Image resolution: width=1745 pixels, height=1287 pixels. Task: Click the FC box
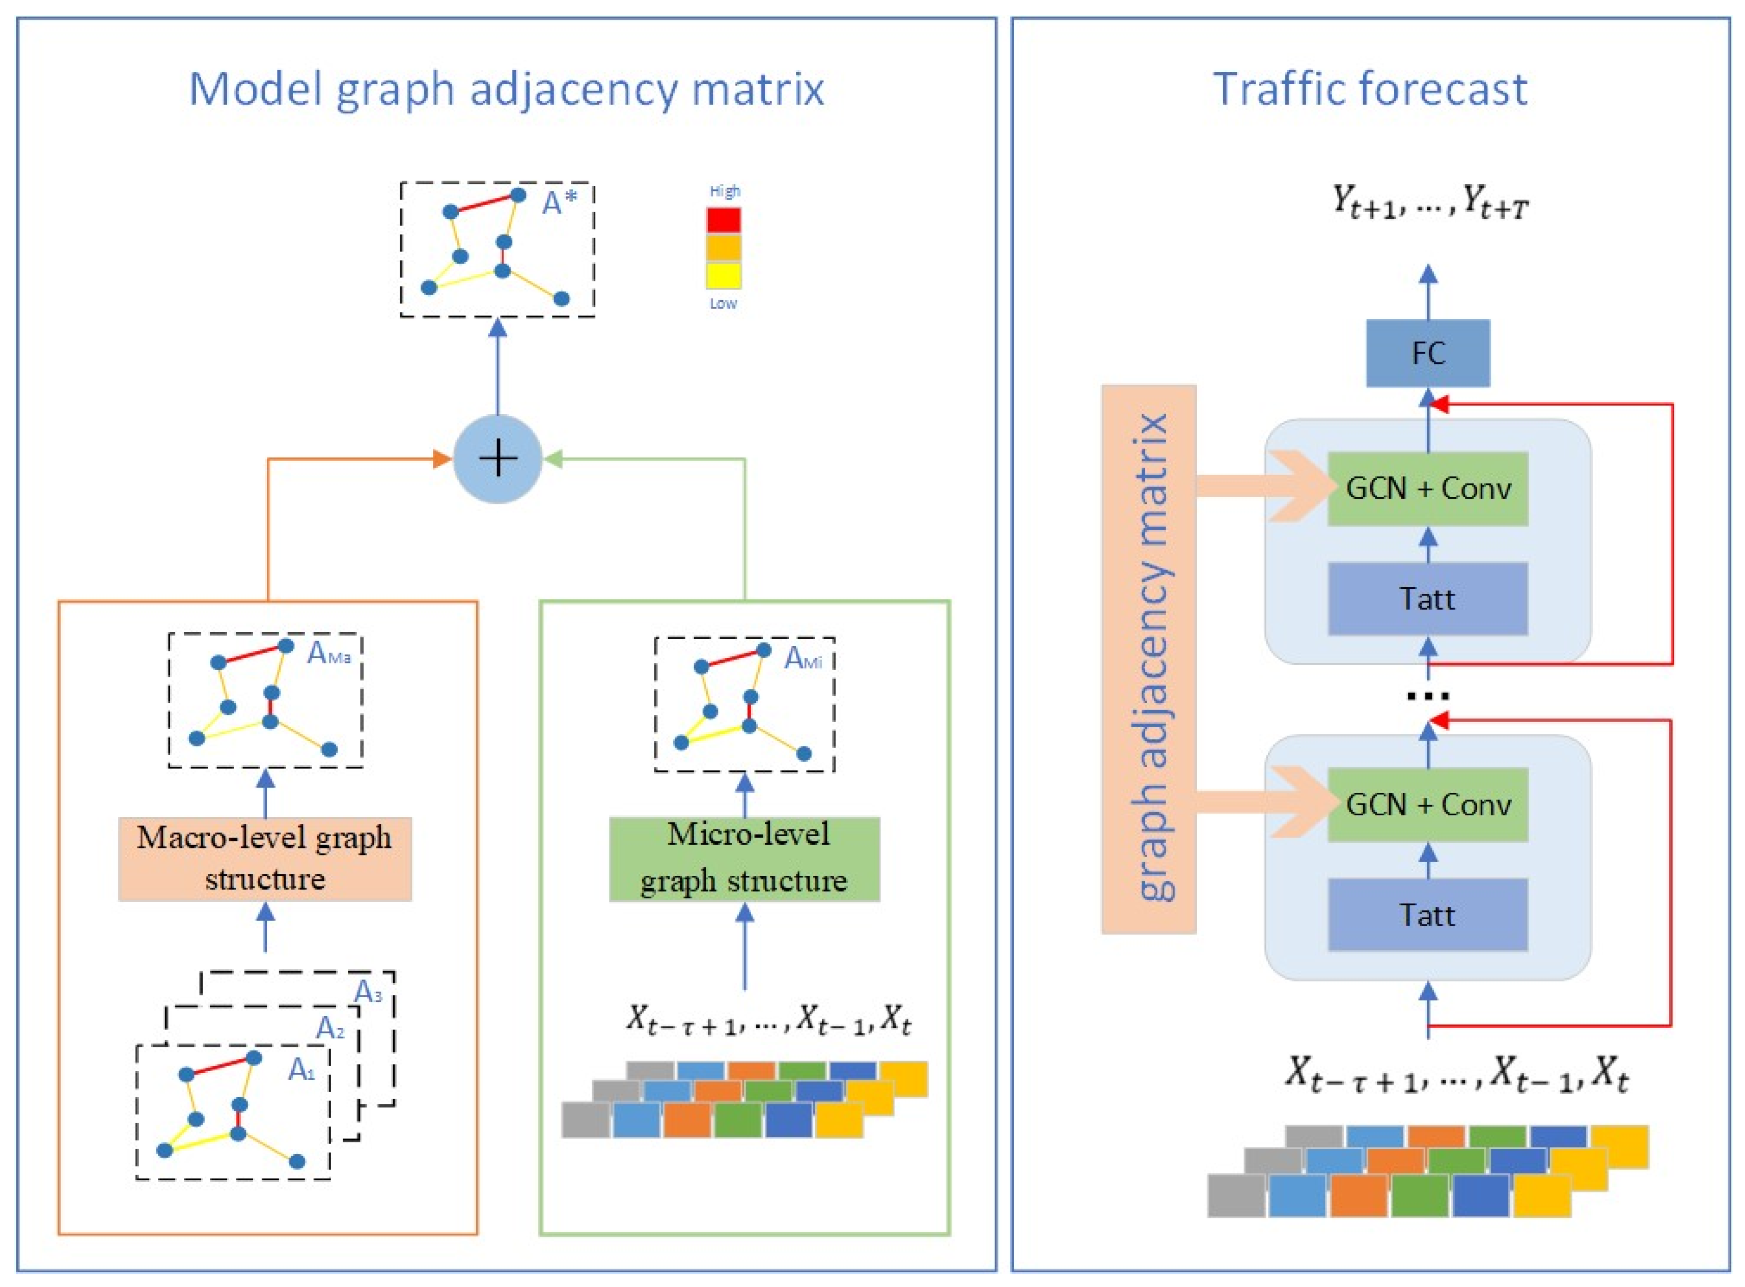click(1427, 353)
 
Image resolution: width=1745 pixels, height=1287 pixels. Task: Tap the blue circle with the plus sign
click(497, 459)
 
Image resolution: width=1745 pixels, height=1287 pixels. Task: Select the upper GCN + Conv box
click(1427, 489)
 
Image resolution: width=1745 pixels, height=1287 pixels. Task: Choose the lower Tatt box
click(1427, 914)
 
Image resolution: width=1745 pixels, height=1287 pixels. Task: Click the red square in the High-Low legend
click(723, 220)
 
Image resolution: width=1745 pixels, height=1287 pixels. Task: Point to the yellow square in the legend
click(723, 275)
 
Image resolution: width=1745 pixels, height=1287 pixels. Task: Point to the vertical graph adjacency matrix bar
click(1148, 659)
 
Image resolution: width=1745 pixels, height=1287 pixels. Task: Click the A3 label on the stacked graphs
click(368, 992)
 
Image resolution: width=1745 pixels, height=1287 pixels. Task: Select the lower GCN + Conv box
click(1427, 805)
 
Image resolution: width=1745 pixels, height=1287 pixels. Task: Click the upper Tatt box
click(1427, 598)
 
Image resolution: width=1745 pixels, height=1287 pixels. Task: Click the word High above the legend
click(724, 191)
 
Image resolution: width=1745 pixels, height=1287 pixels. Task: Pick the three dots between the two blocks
click(1427, 696)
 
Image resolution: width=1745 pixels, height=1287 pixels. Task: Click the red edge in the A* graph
click(483, 204)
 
